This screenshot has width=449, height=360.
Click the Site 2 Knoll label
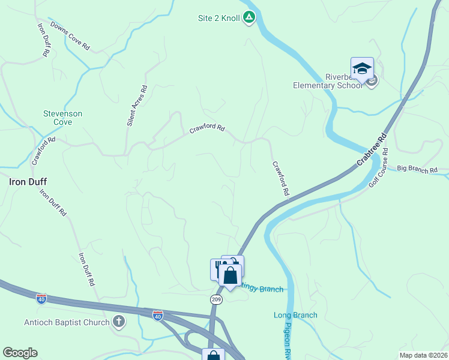220,19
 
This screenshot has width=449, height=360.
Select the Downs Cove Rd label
70,36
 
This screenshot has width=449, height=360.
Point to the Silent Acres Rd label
136,105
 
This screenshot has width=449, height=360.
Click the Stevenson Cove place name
62,118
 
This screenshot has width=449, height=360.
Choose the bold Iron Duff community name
28,181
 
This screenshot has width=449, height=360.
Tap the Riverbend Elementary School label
328,81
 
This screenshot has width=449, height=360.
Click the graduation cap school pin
363,68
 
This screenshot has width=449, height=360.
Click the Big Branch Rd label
417,170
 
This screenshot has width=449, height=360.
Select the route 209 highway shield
217,298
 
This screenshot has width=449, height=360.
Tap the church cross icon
119,322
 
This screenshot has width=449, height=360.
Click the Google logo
20,353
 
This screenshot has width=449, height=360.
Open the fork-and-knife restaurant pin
217,268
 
